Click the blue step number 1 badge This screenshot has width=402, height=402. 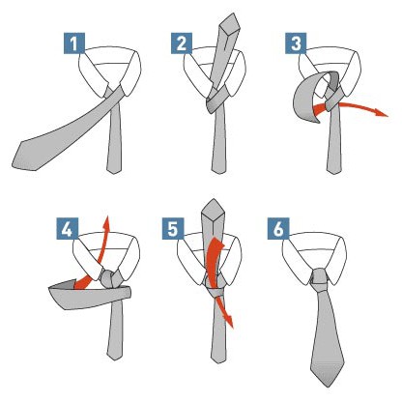coord(74,43)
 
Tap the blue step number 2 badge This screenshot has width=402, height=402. coord(182,43)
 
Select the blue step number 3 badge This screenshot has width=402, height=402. coord(296,43)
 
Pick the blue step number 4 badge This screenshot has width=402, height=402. coord(68,228)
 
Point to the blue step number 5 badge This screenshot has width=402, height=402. coord(173,228)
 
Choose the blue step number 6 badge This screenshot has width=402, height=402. coord(278,228)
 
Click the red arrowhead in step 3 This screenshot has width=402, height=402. coord(383,113)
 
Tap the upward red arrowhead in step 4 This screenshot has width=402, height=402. coord(106,222)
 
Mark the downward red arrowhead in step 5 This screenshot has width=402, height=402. coord(229,321)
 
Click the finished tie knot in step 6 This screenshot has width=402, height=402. coord(319,281)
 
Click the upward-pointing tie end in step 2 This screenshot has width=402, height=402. coord(230,22)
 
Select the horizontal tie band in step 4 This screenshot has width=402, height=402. coord(90,297)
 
